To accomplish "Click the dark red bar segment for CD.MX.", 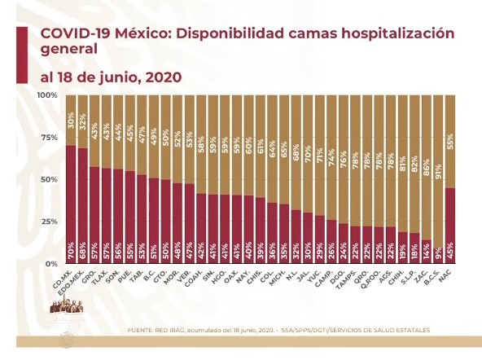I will pos(71,204).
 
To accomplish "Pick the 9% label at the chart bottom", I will pos(439,252).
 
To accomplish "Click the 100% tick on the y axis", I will pos(48,96).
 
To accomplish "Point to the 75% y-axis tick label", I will pos(50,138).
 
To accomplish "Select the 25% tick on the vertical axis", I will pos(50,222).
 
